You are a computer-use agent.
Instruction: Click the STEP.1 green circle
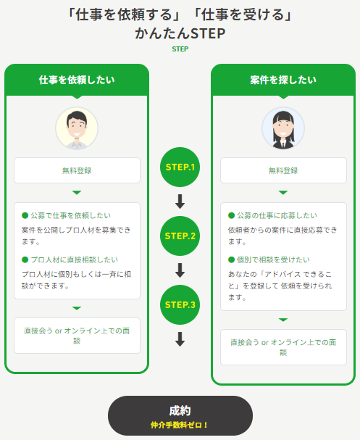pyautogui.click(x=180, y=167)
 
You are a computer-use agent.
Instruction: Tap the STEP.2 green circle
pyautogui.click(x=180, y=236)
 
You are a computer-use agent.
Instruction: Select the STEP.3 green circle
pyautogui.click(x=180, y=304)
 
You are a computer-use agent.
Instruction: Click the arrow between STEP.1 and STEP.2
pyautogui.click(x=180, y=202)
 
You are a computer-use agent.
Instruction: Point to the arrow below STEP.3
pyautogui.click(x=180, y=339)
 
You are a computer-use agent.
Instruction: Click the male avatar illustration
pyautogui.click(x=77, y=128)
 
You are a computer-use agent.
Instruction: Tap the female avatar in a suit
pyautogui.click(x=283, y=128)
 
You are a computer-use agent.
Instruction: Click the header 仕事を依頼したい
pyautogui.click(x=77, y=80)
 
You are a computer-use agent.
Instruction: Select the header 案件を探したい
pyautogui.click(x=283, y=80)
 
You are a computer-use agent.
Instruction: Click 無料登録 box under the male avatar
pyautogui.click(x=77, y=170)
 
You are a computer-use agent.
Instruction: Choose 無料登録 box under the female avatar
pyautogui.click(x=283, y=170)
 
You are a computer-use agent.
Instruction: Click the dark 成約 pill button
pyautogui.click(x=180, y=415)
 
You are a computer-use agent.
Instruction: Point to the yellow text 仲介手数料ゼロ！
pyautogui.click(x=180, y=425)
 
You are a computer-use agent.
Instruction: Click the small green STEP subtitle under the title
pyautogui.click(x=180, y=49)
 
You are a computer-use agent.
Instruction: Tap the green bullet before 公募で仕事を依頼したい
pyautogui.click(x=25, y=215)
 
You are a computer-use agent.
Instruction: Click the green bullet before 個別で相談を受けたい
pyautogui.click(x=231, y=260)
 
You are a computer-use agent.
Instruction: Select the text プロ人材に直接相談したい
pyautogui.click(x=75, y=260)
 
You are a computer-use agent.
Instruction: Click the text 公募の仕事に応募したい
pyautogui.click(x=277, y=215)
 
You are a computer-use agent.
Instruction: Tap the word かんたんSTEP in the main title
pyautogui.click(x=180, y=33)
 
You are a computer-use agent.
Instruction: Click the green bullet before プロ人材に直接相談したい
pyautogui.click(x=25, y=260)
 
